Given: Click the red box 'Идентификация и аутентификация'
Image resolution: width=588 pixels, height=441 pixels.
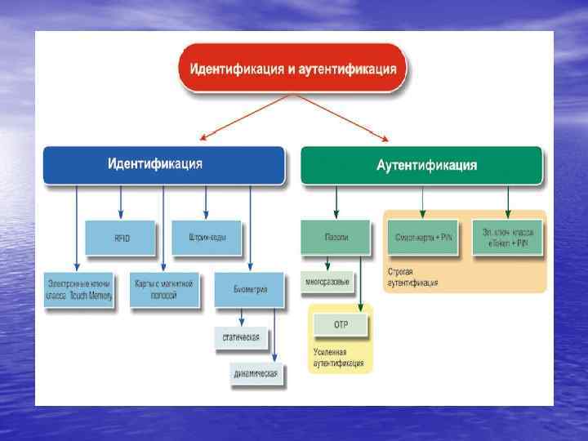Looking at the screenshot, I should [292, 69].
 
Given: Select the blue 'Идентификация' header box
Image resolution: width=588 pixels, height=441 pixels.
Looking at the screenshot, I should [163, 165].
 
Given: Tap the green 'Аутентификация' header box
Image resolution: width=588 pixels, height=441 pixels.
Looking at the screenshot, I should [421, 165].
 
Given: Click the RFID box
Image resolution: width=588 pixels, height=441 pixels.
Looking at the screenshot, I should [121, 238].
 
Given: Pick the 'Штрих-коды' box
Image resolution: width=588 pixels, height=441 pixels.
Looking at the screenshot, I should [206, 238].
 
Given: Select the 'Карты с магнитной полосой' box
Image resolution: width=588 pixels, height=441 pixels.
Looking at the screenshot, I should [163, 289].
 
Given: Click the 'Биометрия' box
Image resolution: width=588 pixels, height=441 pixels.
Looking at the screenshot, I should [250, 288].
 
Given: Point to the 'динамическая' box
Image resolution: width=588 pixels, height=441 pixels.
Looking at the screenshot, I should [256, 374].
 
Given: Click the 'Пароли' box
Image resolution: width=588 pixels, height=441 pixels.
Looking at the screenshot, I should [336, 237].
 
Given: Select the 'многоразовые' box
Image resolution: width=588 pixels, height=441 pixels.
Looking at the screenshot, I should [327, 282].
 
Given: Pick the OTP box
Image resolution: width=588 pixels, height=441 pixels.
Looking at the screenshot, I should [341, 325].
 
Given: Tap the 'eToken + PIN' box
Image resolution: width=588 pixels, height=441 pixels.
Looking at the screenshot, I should [506, 237].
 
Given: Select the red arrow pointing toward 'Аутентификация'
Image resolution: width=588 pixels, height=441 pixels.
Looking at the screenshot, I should [343, 119].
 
